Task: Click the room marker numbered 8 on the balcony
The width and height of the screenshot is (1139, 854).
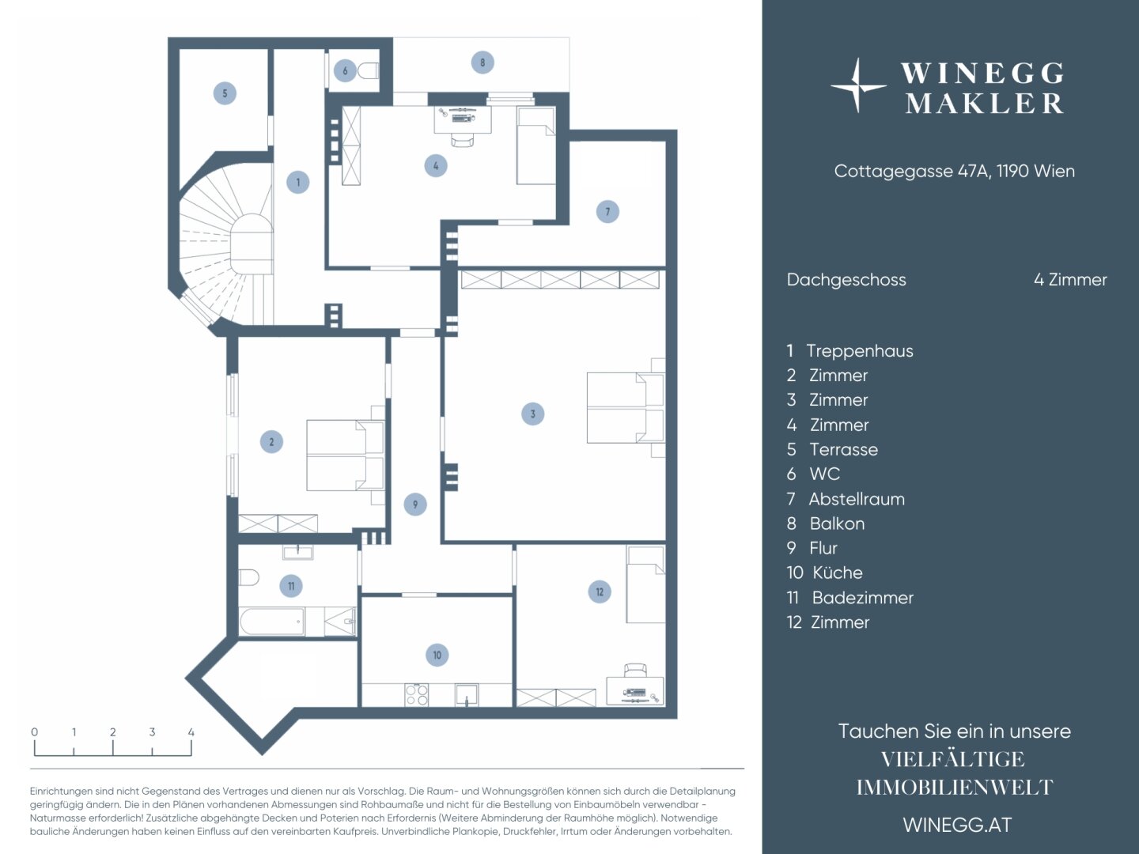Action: [482, 62]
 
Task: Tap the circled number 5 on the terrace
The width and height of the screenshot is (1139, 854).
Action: [225, 93]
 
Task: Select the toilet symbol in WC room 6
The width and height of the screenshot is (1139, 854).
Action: [369, 71]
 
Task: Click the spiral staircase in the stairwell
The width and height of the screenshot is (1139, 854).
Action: [229, 244]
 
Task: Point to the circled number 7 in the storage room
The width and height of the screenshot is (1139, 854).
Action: [607, 212]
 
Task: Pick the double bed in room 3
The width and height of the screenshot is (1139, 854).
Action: [626, 407]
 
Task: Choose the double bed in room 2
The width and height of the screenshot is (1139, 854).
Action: [345, 455]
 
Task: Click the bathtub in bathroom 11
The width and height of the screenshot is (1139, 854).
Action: [272, 622]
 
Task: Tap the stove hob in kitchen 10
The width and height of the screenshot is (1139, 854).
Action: [417, 695]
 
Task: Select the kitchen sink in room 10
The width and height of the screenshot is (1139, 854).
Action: [467, 695]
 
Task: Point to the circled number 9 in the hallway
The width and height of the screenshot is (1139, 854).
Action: [415, 504]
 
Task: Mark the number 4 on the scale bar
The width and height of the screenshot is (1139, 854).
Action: [191, 732]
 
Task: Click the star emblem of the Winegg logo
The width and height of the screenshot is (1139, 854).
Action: [857, 86]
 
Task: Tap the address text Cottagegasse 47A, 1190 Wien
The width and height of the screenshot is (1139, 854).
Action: [954, 171]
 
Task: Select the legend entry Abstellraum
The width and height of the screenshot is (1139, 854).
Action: [856, 499]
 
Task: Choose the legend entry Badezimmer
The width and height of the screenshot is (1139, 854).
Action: [862, 597]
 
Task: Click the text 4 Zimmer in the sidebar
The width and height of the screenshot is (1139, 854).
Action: [1070, 279]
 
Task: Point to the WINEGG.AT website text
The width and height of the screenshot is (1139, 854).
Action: [957, 825]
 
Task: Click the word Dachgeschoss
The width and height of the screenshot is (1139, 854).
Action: [846, 280]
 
